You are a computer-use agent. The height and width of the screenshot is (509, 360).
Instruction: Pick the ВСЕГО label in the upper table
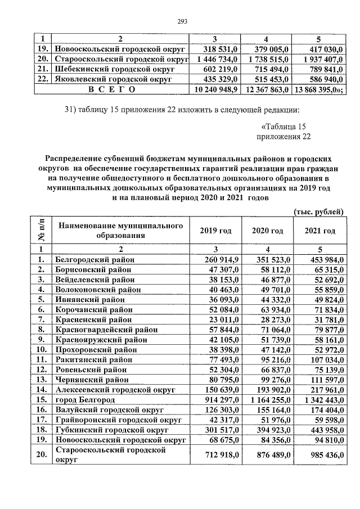pyautogui.click(x=107, y=89)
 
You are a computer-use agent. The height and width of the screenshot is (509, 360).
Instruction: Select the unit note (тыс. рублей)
pyautogui.click(x=319, y=211)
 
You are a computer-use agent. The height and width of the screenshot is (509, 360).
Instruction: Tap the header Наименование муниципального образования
pyautogui.click(x=121, y=231)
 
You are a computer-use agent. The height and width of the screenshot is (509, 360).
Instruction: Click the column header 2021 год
pyautogui.click(x=319, y=231)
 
